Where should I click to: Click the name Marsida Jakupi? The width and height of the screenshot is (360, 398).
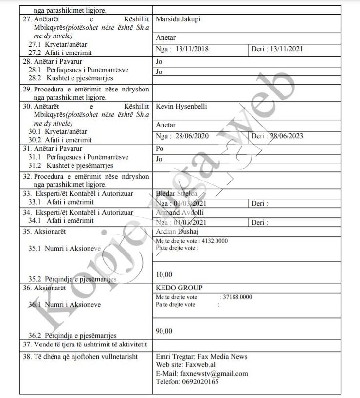tap(178, 19)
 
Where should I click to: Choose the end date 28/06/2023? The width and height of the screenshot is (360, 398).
tap(287, 136)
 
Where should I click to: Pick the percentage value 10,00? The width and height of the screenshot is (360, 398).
tap(164, 275)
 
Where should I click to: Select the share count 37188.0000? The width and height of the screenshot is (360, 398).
tap(237, 297)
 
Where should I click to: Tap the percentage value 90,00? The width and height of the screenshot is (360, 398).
tap(164, 331)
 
